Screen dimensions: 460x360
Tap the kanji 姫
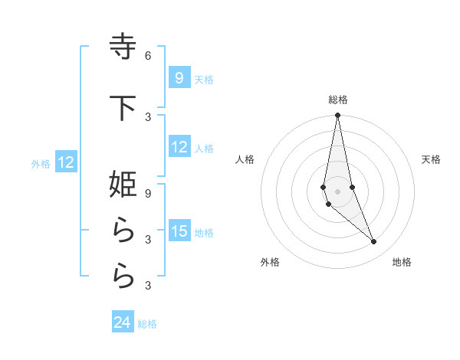coord(123,185)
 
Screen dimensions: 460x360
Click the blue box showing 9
coord(179,77)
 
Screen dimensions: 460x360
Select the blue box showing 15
coord(179,231)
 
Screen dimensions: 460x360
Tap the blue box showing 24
coord(122,322)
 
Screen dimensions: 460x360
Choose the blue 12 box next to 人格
coord(179,147)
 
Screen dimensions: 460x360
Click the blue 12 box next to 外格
coord(66,162)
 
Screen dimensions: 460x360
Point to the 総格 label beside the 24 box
coord(147,324)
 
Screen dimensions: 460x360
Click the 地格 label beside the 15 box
coord(204,233)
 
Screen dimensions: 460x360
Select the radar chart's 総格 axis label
coord(337,100)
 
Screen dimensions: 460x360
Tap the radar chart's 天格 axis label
coord(432,159)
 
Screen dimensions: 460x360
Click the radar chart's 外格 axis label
coord(270,262)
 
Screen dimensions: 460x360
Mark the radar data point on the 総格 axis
coord(337,116)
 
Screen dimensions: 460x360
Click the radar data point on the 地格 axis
coord(374,242)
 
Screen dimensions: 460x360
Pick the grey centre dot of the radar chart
coord(337,191)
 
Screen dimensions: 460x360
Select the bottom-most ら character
coord(123,277)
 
